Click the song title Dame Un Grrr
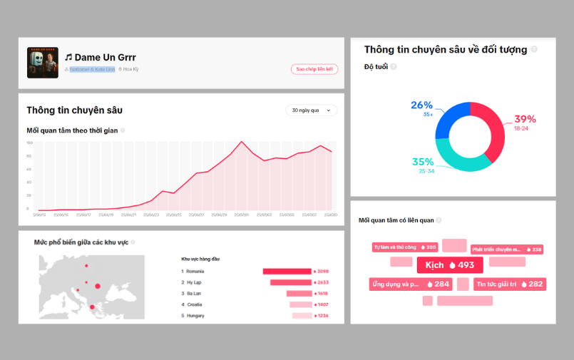[x=104, y=57]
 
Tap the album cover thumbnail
[x=42, y=63]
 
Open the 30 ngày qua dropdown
[x=311, y=110]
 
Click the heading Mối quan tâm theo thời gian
[x=72, y=130]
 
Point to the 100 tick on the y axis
[x=29, y=143]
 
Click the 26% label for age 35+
[x=422, y=106]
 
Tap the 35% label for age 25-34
[x=423, y=162]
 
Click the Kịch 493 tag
[x=450, y=265]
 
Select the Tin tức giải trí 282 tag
[x=510, y=284]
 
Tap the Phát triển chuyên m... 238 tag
[x=507, y=250]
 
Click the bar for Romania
[x=287, y=271]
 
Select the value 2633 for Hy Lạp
[x=322, y=282]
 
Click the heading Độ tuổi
[x=375, y=66]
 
